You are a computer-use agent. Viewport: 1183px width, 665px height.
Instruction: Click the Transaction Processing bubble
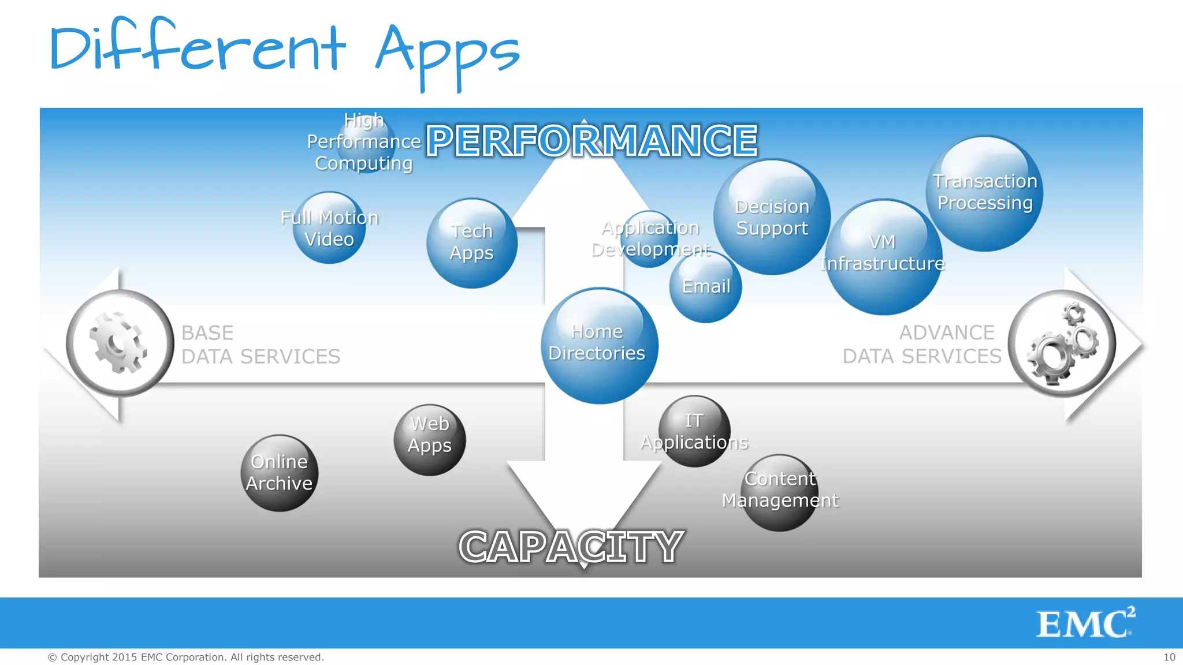pos(985,193)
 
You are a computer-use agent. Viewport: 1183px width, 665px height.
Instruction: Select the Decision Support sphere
pos(772,217)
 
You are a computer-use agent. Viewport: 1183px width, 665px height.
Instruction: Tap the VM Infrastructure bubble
pos(883,256)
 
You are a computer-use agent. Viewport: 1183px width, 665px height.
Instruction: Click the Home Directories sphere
pos(599,345)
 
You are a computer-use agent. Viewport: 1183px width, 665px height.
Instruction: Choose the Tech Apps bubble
pos(472,243)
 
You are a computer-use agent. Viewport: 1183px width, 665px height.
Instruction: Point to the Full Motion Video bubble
pos(329,228)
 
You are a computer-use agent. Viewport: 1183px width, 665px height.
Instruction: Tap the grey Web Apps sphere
pos(430,440)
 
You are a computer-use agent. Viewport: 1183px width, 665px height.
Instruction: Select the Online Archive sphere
pos(280,473)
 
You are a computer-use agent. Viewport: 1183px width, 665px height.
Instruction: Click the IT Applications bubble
pos(694,431)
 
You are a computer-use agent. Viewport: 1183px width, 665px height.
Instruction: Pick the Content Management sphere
pos(779,492)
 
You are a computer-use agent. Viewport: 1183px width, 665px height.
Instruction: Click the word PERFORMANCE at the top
pos(591,141)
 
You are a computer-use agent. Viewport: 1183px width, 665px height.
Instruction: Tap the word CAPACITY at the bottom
pos(571,546)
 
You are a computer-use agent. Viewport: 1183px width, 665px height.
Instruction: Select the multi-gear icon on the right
pos(1062,344)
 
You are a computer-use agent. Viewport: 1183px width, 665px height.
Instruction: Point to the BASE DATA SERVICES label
pos(261,345)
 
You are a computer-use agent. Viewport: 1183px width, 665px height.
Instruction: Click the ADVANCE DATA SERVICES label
pos(922,345)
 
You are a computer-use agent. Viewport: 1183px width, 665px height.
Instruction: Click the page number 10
pos(1169,657)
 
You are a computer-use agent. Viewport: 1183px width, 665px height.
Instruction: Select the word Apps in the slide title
pos(448,52)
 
